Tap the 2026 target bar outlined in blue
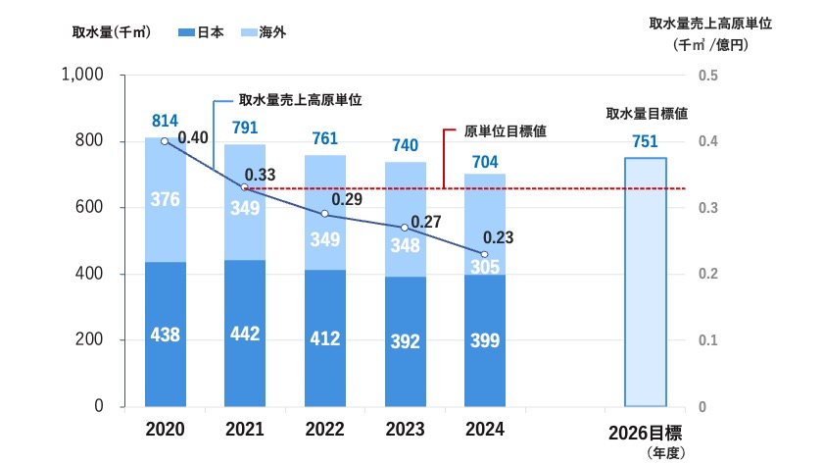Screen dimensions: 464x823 pos(646,282)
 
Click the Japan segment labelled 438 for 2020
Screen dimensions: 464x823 pos(165,334)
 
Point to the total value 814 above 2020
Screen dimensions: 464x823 pos(165,121)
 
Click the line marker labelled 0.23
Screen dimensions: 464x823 pos(484,254)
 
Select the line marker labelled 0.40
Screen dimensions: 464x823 pos(165,141)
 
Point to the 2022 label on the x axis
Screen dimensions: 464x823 pos(325,430)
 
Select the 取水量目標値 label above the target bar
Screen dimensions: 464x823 pos(646,115)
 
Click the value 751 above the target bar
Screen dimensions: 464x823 pos(645,142)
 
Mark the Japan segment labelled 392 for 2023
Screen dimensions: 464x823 pos(405,341)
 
